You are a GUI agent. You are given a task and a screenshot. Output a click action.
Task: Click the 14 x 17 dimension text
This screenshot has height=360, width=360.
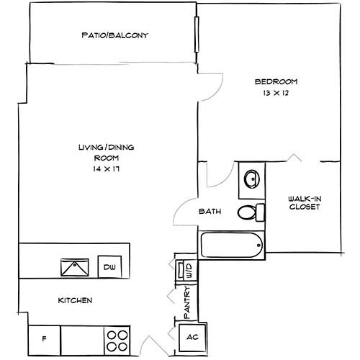pyautogui.click(x=107, y=168)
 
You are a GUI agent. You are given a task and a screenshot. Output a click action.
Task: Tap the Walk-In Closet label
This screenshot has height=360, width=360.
pyautogui.click(x=303, y=202)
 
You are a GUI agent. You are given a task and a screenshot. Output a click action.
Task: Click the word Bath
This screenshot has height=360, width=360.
pyautogui.click(x=210, y=212)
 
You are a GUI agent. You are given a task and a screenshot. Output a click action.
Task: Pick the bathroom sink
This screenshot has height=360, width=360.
pyautogui.click(x=251, y=179)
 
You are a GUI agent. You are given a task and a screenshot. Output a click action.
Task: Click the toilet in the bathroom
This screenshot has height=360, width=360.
pyautogui.click(x=248, y=212)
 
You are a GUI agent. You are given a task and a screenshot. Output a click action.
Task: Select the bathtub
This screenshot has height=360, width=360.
pyautogui.click(x=231, y=246)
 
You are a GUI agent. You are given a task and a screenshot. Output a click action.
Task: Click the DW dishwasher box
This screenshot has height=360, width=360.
pyautogui.click(x=109, y=267)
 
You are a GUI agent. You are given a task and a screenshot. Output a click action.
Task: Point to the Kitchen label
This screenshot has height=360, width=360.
pyautogui.click(x=74, y=300)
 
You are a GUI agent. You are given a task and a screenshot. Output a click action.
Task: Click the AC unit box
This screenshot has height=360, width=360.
pyautogui.click(x=192, y=337)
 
